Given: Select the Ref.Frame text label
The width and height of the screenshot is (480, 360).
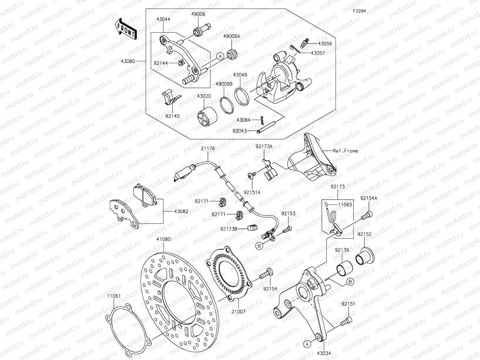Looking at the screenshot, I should (345, 151).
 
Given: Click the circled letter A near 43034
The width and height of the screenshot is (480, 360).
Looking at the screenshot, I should (307, 343).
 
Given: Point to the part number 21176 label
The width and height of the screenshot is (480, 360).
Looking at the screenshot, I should (208, 148).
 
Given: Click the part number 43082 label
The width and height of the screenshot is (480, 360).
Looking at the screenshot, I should (181, 211).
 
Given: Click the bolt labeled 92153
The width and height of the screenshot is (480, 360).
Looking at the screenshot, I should (288, 229).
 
